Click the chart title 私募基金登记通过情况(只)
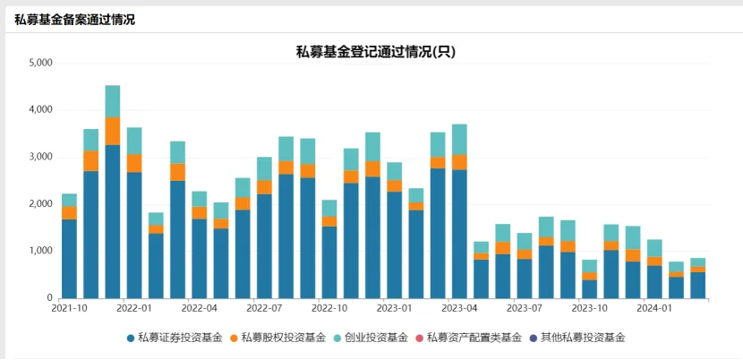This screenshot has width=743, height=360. (x=376, y=51)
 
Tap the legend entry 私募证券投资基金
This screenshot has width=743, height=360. (x=174, y=338)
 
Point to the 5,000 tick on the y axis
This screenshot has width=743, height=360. (x=41, y=64)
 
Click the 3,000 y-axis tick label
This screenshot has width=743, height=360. (x=41, y=158)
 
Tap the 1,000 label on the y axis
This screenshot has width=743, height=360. (x=41, y=252)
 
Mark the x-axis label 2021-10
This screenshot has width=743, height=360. (x=69, y=308)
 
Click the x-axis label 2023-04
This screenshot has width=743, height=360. (x=458, y=308)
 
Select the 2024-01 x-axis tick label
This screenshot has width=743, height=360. (x=653, y=308)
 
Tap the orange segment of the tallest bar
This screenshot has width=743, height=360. (x=113, y=131)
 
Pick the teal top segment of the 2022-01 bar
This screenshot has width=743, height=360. (x=134, y=141)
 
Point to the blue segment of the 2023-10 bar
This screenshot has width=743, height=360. (x=589, y=288)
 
